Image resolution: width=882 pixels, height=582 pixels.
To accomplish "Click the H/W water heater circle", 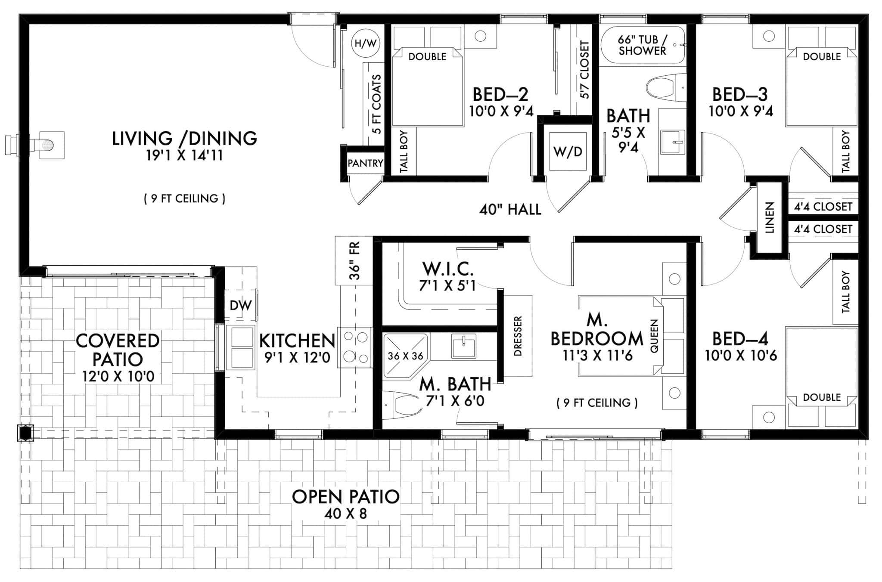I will coord(365,43).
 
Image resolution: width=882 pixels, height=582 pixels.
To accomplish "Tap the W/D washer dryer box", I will coord(567,152).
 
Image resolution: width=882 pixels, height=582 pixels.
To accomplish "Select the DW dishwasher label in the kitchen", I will coord(240,306).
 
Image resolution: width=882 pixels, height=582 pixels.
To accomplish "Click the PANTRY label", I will coord(365,163).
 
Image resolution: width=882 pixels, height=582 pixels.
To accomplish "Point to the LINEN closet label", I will coord(770,217).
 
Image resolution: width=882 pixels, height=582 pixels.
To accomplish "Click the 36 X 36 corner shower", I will coord(405,356).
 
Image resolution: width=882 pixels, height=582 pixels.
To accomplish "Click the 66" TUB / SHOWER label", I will coord(642,45).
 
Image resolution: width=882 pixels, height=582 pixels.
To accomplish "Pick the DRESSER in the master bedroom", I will coord(518,336).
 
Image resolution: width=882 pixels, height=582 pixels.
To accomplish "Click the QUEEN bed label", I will coord(655,336).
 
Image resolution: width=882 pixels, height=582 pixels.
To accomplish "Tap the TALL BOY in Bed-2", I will coord(404,152).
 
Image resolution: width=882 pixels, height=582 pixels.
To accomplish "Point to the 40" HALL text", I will coord(510,210).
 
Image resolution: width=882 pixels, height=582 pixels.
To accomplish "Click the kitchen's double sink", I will coord(242,347).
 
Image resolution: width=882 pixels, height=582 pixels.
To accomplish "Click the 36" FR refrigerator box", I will coord(354,261).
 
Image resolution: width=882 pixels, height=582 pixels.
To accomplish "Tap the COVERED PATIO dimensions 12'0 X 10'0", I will coord(118,377).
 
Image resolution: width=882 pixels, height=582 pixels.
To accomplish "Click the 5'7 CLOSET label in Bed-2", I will coord(584,70).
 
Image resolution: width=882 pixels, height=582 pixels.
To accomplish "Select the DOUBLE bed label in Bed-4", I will coord(821,397).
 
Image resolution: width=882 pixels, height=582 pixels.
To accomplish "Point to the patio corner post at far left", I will coord(25,433).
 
